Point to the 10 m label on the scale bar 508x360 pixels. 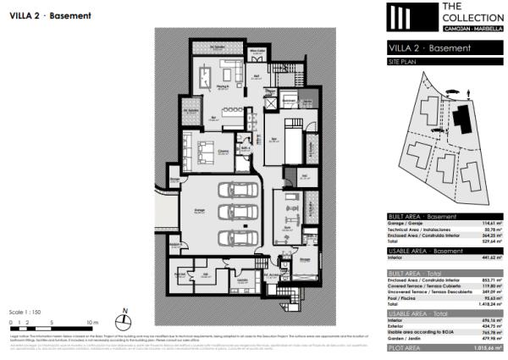coord(92,323)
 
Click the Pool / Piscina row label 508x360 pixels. coord(402,298)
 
